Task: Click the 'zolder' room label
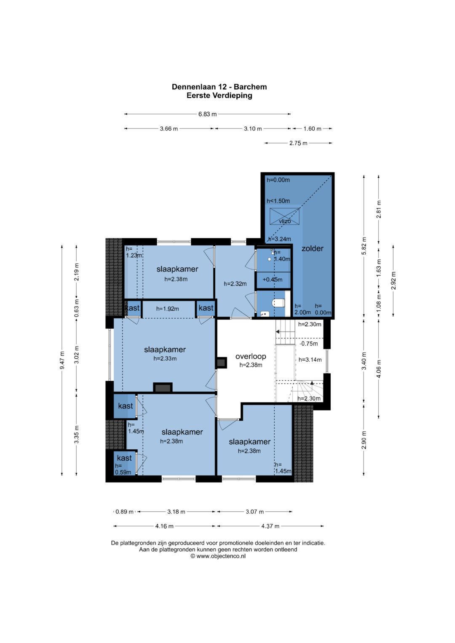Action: point(312,248)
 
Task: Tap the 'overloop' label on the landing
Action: point(251,356)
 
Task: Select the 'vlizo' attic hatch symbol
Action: point(284,216)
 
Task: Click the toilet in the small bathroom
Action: point(278,303)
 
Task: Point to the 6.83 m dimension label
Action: point(207,114)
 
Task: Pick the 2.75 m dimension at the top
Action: point(298,143)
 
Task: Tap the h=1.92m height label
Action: point(168,309)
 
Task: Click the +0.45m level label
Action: point(272,280)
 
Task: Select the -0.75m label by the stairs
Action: point(308,344)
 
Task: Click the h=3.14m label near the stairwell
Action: point(310,360)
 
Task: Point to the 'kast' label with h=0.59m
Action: point(124,458)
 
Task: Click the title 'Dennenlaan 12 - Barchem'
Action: point(219,87)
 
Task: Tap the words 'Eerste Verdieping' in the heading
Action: point(219,95)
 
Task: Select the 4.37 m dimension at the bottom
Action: point(270,526)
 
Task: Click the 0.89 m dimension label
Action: point(124,512)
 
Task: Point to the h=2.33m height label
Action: point(165,358)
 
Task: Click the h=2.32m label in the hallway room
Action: point(235,284)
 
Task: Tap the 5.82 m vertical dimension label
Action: point(364,246)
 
